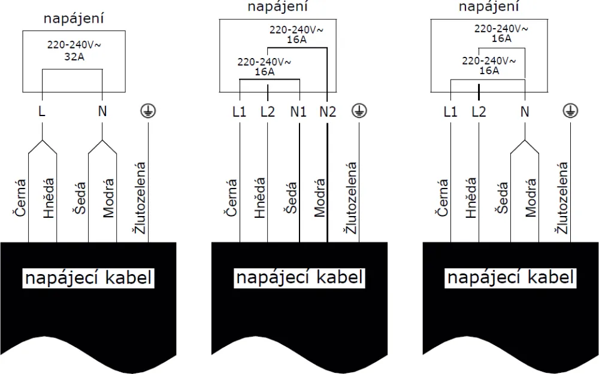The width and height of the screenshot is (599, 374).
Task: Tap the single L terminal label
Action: (x=42, y=111)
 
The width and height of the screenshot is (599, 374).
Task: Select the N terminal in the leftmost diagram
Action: (x=102, y=111)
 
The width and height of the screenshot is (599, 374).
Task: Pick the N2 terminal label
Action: (x=327, y=111)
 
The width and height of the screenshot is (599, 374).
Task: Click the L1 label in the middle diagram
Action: (x=239, y=111)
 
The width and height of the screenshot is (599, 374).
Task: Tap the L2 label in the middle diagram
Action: (x=268, y=111)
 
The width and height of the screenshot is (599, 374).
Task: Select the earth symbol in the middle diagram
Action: (x=358, y=111)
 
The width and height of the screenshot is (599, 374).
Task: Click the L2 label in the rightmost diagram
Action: (x=479, y=111)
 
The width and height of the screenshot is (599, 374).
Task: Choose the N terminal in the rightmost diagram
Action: (x=525, y=111)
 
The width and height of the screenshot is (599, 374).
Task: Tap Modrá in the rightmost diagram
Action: (x=531, y=197)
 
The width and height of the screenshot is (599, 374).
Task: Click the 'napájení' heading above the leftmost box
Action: (x=74, y=19)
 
